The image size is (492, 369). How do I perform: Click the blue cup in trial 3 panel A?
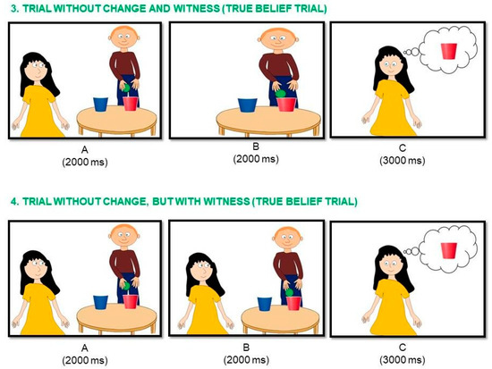(x=101, y=104)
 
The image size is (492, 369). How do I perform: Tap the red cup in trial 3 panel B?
(x=286, y=105)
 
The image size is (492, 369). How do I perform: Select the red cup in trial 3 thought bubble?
(x=449, y=52)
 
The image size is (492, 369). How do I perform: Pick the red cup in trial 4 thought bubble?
(x=449, y=250)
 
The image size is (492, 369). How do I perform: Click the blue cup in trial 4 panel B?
(x=265, y=304)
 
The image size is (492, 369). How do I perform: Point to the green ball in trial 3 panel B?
(x=280, y=94)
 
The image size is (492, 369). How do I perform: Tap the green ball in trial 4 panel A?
(x=126, y=286)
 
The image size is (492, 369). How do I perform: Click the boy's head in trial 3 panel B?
(x=278, y=39)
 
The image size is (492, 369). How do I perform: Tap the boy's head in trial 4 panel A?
(x=123, y=235)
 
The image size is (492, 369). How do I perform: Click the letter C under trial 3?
(x=402, y=148)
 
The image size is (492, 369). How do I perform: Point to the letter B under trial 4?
(x=246, y=347)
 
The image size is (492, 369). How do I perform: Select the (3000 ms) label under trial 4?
(x=403, y=359)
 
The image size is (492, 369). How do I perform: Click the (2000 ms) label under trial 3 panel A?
(x=85, y=162)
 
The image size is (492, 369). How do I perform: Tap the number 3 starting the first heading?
(x=13, y=8)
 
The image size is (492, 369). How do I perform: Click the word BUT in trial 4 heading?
(x=162, y=201)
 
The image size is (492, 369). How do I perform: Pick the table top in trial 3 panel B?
(x=268, y=119)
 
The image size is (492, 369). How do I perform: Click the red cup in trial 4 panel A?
(x=130, y=302)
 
